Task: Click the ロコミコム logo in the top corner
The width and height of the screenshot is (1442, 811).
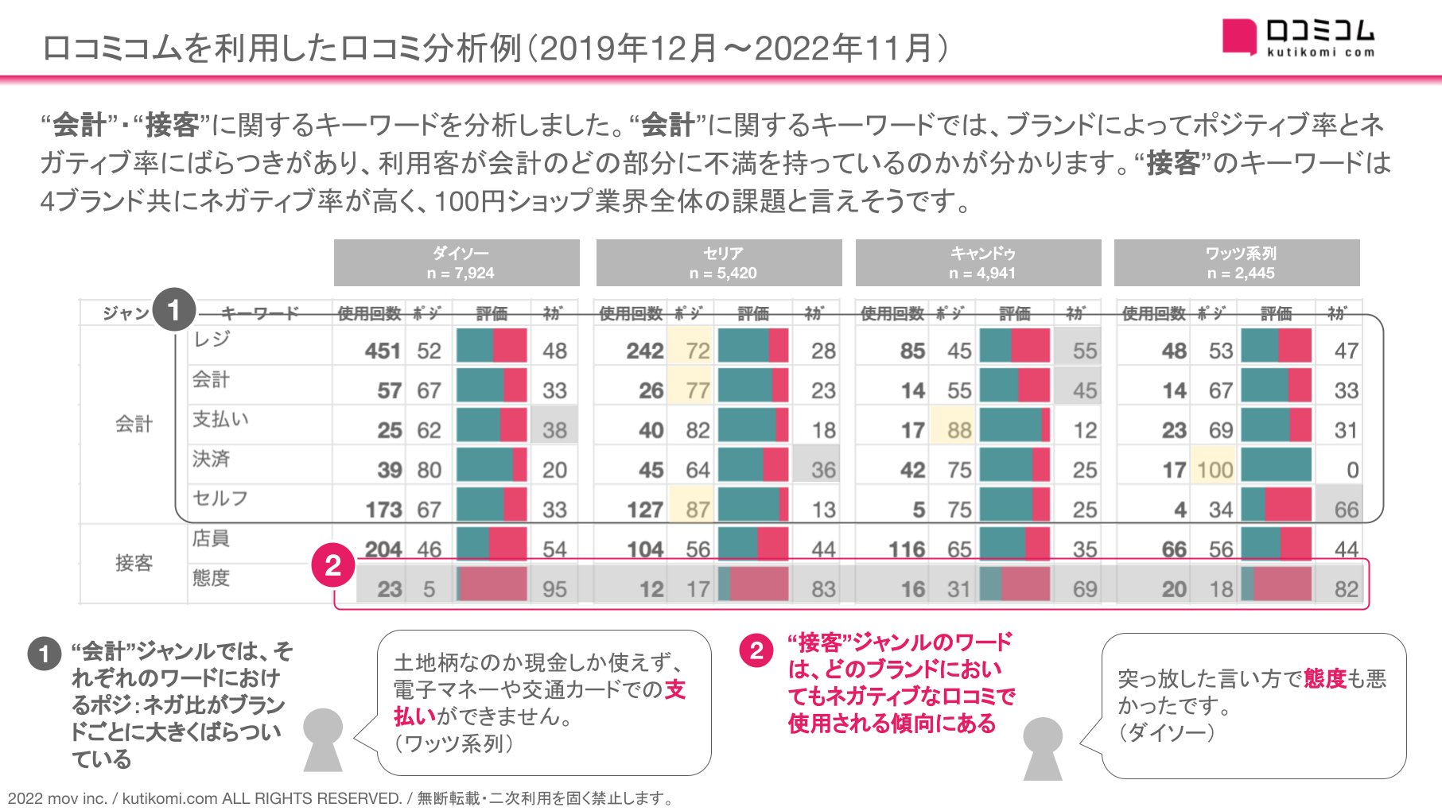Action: pos(1298,38)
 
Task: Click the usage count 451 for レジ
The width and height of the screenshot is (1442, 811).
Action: pos(382,351)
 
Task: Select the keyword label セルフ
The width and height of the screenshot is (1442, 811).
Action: pos(220,499)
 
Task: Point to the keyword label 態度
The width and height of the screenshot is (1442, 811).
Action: pos(211,578)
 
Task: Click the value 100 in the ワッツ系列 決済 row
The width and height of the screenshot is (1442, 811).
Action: pos(1215,470)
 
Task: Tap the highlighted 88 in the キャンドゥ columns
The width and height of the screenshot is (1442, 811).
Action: pos(959,430)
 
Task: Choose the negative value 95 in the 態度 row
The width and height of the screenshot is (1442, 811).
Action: pos(554,589)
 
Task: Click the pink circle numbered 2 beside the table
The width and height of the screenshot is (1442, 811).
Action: pos(332,565)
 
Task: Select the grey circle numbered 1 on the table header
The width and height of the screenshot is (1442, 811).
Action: pos(174,309)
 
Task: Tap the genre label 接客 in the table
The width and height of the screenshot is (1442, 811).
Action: pos(134,563)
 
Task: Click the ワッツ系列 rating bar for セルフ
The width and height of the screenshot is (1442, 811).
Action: pos(1276,505)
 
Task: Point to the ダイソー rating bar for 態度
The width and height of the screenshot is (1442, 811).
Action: pos(492,584)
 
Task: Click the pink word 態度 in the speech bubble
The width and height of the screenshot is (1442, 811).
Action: pos(1324,678)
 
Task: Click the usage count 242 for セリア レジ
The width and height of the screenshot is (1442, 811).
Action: pos(644,351)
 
